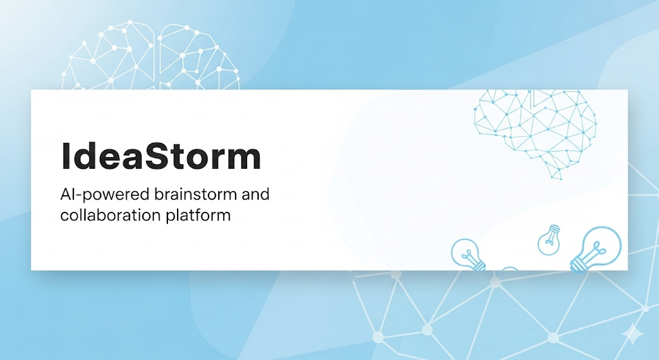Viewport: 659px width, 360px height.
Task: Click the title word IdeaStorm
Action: (161, 155)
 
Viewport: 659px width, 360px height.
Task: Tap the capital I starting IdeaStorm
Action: (65, 156)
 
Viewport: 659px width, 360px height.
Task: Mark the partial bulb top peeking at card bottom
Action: (510, 269)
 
